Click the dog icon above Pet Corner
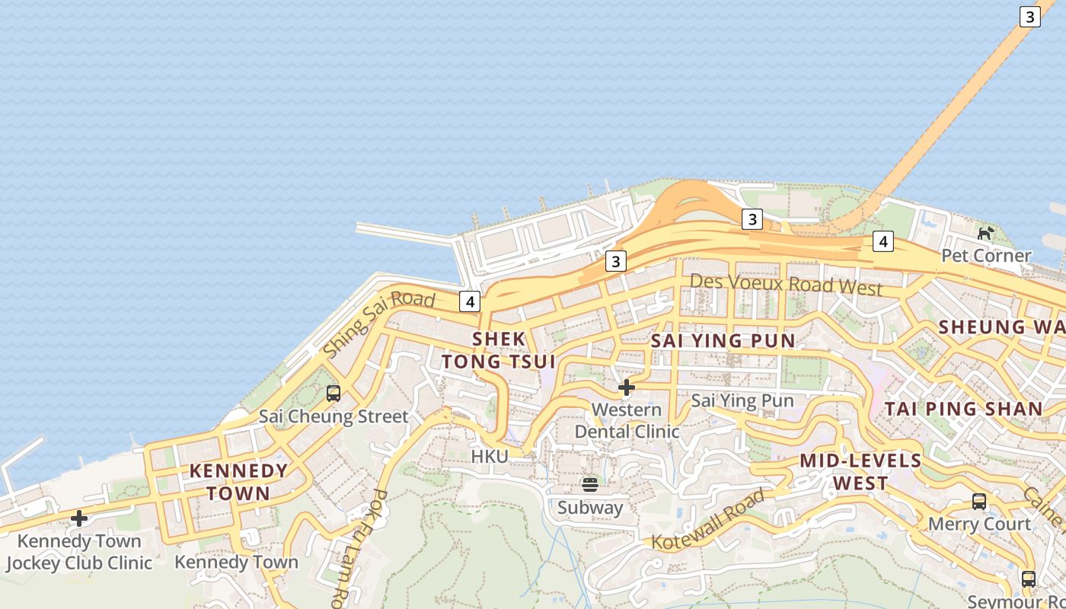[x=986, y=232]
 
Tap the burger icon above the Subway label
[x=589, y=484]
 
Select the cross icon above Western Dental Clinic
[x=627, y=387]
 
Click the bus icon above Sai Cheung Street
[x=334, y=394]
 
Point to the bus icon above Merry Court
[x=979, y=502]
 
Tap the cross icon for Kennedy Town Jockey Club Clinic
[x=79, y=519]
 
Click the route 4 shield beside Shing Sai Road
[x=470, y=301]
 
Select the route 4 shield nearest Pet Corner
[x=882, y=242]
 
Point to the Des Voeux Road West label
[x=786, y=285]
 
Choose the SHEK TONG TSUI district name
[x=499, y=350]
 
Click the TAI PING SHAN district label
[x=963, y=409]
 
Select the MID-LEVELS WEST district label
[x=860, y=472]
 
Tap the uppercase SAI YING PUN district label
[x=723, y=341]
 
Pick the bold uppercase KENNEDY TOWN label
[x=238, y=481]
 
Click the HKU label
[x=490, y=456]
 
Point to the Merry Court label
[x=979, y=524]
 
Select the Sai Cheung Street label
[x=334, y=416]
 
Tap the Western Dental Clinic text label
[x=627, y=420]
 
